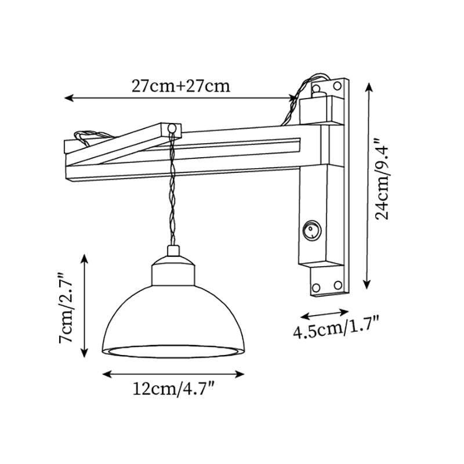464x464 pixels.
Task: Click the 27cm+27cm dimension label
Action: coord(180,86)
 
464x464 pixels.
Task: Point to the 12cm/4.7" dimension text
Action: coord(173,389)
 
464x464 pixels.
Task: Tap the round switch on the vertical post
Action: coord(312,230)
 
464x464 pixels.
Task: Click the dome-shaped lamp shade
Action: coord(173,321)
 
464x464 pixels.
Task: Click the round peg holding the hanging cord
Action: coord(172,129)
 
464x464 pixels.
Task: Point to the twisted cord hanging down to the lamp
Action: coord(172,190)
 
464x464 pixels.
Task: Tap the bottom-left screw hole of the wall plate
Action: coord(316,287)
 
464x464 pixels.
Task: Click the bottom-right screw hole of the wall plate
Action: coord(338,285)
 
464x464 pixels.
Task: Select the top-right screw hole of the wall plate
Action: coord(337,86)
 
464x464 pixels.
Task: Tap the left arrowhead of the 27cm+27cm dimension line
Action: coord(68,97)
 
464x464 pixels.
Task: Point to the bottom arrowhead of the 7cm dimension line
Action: coord(85,353)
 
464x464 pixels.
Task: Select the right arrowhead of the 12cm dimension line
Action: coord(240,374)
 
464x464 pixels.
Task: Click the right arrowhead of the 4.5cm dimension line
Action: coord(345,312)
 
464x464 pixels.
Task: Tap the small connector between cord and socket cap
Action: coord(173,251)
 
